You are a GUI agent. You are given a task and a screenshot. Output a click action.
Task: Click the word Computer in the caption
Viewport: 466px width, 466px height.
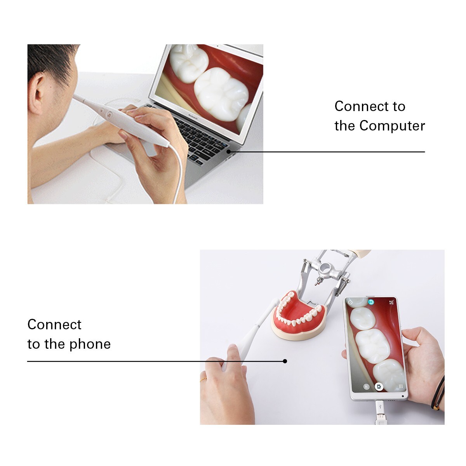coord(392,126)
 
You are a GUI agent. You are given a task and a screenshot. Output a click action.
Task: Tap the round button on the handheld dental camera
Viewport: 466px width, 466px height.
coord(110,115)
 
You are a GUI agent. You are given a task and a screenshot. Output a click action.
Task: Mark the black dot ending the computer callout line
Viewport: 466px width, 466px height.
coord(229,151)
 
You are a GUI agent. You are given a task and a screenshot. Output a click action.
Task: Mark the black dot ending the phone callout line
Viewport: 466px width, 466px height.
coord(285,361)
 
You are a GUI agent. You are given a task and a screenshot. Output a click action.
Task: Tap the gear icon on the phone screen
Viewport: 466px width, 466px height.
coord(350,302)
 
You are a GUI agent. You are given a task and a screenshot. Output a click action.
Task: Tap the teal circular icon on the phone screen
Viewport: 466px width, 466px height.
coord(371,302)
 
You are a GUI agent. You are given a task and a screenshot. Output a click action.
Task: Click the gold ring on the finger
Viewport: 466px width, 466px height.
coord(203,379)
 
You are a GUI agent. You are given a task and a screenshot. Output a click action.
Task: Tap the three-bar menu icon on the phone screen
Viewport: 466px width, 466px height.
coord(400,386)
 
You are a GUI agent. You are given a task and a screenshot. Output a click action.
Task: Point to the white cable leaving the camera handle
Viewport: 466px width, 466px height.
coord(179,175)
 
